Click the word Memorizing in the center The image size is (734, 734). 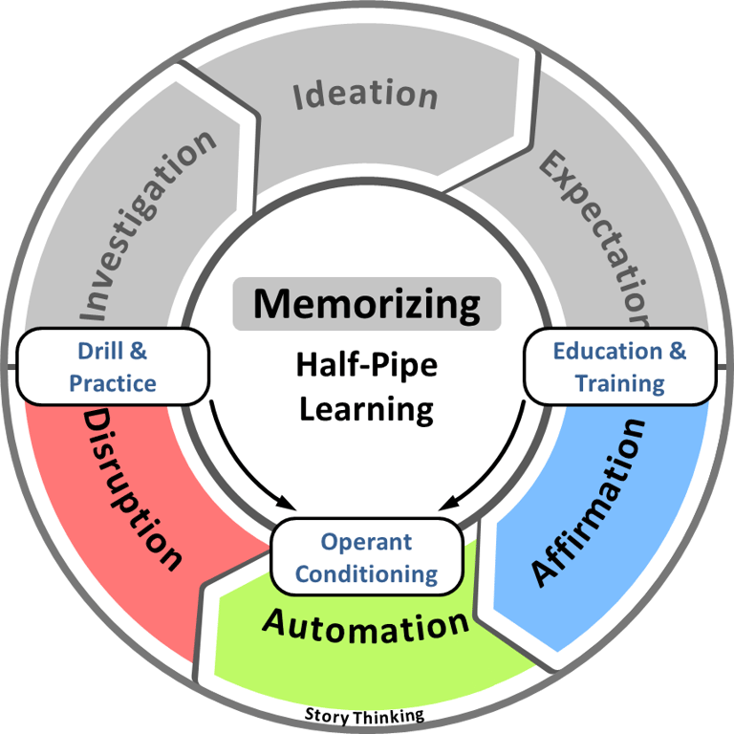(x=367, y=304)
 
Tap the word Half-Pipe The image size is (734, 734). (x=366, y=365)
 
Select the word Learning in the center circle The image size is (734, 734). (x=366, y=408)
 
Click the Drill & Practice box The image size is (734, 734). (x=112, y=368)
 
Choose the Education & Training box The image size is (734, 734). (x=619, y=368)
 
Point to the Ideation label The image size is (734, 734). (x=365, y=95)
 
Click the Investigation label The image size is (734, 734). (x=147, y=224)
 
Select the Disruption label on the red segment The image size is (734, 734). (x=133, y=487)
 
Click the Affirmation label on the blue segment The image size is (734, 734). (x=589, y=501)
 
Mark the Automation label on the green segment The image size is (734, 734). (x=366, y=626)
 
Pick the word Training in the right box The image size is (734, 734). (x=619, y=384)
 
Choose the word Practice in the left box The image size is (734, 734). (x=112, y=384)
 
